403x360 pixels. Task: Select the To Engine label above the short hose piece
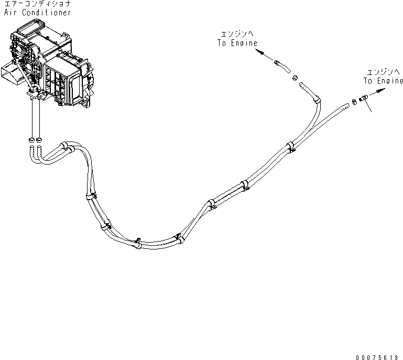[237, 43]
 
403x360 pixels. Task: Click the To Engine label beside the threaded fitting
[384, 81]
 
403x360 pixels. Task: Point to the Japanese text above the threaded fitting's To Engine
[383, 72]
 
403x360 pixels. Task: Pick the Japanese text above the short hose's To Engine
[237, 34]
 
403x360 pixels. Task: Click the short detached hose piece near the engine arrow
[281, 66]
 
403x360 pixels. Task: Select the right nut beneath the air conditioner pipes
[40, 140]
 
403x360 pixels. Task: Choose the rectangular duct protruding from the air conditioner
[11, 73]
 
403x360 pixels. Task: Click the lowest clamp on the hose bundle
[138, 242]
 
